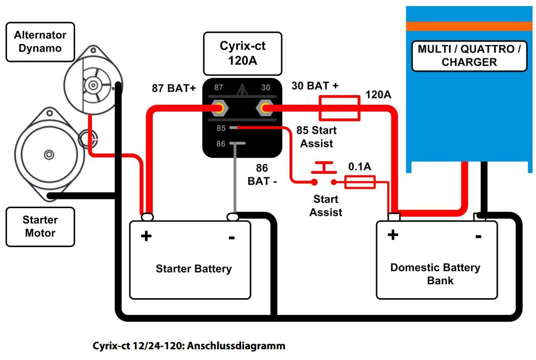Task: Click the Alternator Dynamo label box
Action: (40, 42)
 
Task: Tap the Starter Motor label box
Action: (40, 227)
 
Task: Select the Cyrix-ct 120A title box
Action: (242, 53)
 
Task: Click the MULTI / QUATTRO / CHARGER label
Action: (469, 56)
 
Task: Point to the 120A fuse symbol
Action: (339, 108)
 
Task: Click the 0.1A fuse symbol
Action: (360, 182)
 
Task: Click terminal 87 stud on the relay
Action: (220, 108)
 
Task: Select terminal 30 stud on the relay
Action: (265, 108)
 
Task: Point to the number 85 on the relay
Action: (221, 128)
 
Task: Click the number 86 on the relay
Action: (221, 144)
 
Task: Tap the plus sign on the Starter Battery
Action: (146, 236)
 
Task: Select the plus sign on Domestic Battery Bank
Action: (392, 235)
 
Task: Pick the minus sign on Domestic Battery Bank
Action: (478, 236)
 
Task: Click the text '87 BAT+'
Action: (174, 88)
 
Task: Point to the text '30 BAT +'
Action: (315, 86)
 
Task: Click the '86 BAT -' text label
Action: (262, 174)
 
